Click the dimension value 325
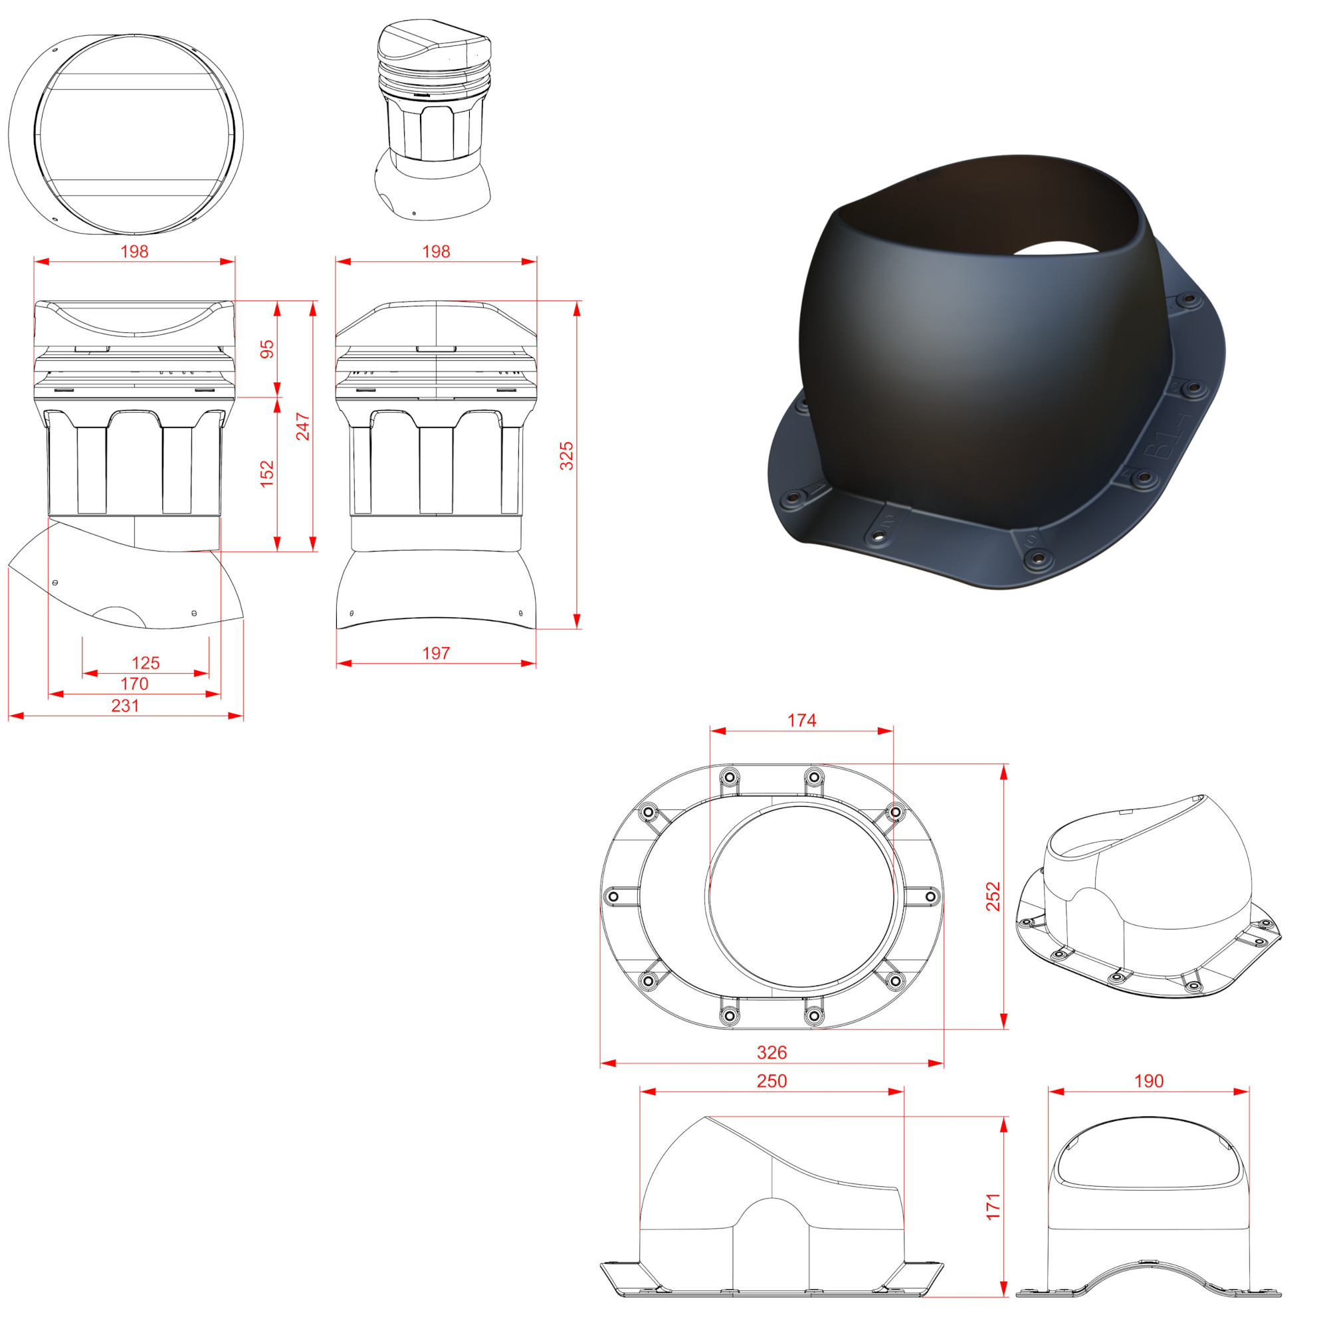(566, 456)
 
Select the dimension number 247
(302, 427)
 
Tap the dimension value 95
(267, 349)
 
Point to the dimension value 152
(267, 474)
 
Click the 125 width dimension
(146, 663)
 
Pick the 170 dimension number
(134, 684)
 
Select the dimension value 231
(125, 705)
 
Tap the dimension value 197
(436, 653)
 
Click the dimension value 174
(802, 720)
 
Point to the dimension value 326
(771, 1053)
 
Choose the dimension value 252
(993, 896)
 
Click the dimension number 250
(771, 1080)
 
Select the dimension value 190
(1149, 1080)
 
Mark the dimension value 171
(993, 1207)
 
